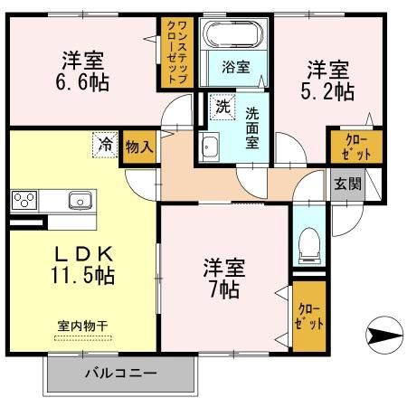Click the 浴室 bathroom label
coord(236,66)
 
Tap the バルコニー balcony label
coord(120,372)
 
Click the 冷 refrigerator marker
coord(107,143)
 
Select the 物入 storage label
coord(139,145)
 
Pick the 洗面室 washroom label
coord(252,126)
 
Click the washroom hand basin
coord(211,145)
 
